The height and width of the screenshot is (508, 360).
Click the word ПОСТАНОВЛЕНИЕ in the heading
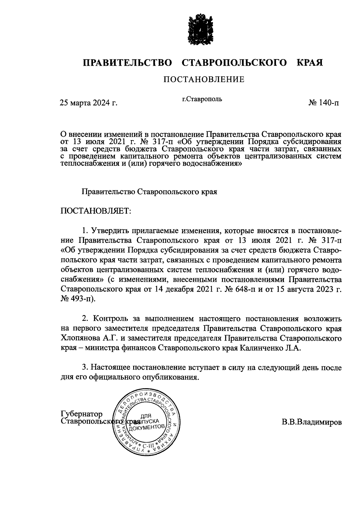pyautogui.click(x=203, y=80)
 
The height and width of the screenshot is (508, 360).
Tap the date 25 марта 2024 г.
pyautogui.click(x=88, y=103)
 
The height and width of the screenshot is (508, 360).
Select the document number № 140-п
pyautogui.click(x=324, y=103)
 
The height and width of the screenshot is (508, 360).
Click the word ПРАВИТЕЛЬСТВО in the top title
pyautogui.click(x=127, y=63)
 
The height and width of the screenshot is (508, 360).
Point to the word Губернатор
pyautogui.click(x=82, y=414)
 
